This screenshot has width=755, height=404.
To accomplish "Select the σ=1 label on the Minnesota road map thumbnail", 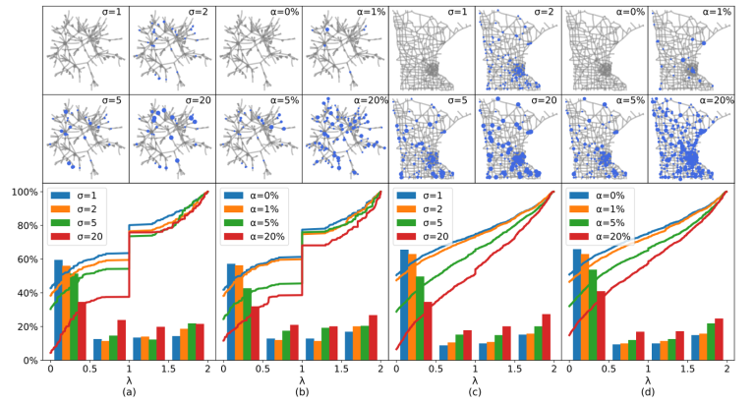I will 455,12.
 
